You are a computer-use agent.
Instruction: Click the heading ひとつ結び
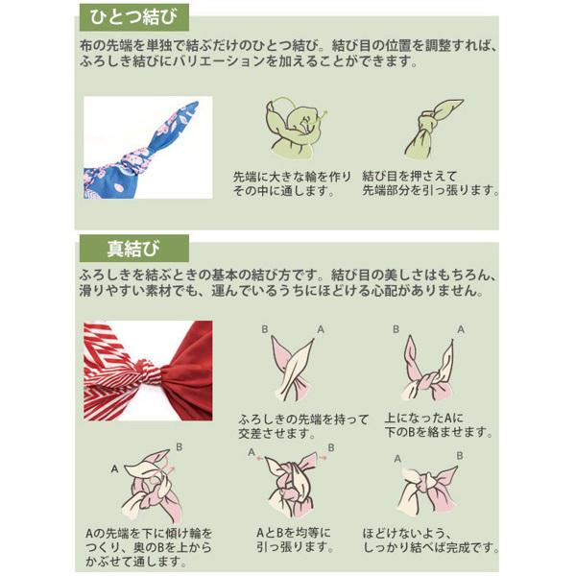tap(133, 17)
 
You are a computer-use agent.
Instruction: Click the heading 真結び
tap(133, 249)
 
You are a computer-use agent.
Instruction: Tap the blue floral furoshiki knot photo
tap(148, 147)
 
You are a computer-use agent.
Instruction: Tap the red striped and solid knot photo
tap(148, 371)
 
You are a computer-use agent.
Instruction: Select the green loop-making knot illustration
tap(296, 128)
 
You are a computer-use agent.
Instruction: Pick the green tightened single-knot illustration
tap(433, 128)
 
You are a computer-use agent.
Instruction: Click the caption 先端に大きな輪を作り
tap(293, 177)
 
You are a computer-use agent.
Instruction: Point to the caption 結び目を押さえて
tap(410, 177)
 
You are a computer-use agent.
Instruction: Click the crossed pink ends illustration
tap(293, 369)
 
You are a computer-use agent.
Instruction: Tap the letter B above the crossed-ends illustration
tap(265, 329)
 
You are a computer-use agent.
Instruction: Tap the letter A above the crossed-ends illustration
tap(321, 329)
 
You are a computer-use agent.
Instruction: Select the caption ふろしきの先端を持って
tap(303, 420)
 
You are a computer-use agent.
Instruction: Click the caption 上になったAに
tap(424, 418)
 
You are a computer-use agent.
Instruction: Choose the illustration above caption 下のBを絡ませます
tap(428, 369)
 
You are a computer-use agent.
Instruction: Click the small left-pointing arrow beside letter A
tap(260, 459)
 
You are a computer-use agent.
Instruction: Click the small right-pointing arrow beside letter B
tap(323, 458)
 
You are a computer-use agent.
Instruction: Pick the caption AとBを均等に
tap(294, 533)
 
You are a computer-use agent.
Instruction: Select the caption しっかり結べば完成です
tap(431, 547)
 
